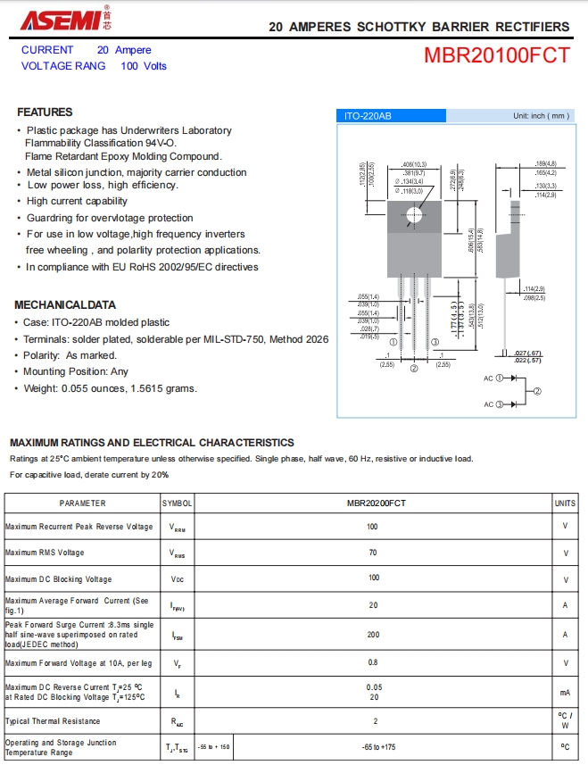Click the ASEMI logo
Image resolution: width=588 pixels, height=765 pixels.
click(x=54, y=20)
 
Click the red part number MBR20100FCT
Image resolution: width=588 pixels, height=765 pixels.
click(x=496, y=55)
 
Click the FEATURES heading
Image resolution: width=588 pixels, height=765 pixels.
click(x=45, y=112)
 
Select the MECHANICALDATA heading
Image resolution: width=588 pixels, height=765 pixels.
click(x=65, y=304)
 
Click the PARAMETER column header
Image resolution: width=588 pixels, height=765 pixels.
click(x=82, y=503)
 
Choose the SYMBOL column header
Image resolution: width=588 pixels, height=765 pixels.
click(x=178, y=503)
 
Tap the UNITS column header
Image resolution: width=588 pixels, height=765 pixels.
click(x=565, y=503)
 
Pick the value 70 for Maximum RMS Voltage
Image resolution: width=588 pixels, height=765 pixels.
click(x=373, y=553)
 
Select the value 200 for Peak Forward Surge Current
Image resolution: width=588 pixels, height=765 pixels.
click(x=373, y=635)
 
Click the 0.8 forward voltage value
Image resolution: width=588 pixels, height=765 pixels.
click(x=373, y=663)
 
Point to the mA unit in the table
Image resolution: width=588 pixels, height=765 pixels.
click(x=565, y=692)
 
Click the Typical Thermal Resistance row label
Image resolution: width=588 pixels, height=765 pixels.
click(x=53, y=720)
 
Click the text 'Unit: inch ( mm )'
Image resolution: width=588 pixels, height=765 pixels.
click(x=541, y=116)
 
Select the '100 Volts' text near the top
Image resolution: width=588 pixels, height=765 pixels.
click(x=144, y=66)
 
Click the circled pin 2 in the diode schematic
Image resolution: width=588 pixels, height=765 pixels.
click(x=537, y=391)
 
